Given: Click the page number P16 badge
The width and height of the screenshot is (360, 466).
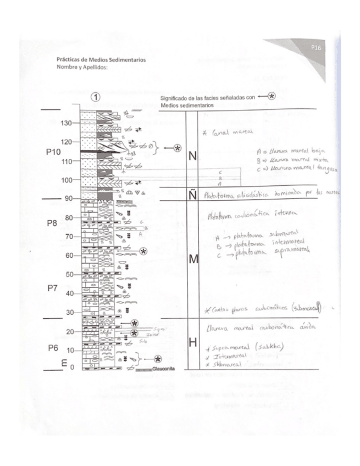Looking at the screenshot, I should pos(315,48).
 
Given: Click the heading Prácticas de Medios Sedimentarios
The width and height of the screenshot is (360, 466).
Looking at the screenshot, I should pos(101,60).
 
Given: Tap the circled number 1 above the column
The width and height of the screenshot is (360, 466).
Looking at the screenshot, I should pos(96,97).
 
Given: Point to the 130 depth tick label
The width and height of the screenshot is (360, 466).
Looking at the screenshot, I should pos(66,123).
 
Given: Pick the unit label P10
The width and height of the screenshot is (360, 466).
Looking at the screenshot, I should pos(54,152).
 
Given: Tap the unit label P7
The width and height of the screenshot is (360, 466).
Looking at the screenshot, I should pos(52,288).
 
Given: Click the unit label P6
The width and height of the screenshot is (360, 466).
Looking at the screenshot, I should pos(52,347).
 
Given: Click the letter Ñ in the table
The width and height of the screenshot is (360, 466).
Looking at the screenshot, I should pos(193,193).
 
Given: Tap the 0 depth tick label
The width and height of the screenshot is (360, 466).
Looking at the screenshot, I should pos(71,368).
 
